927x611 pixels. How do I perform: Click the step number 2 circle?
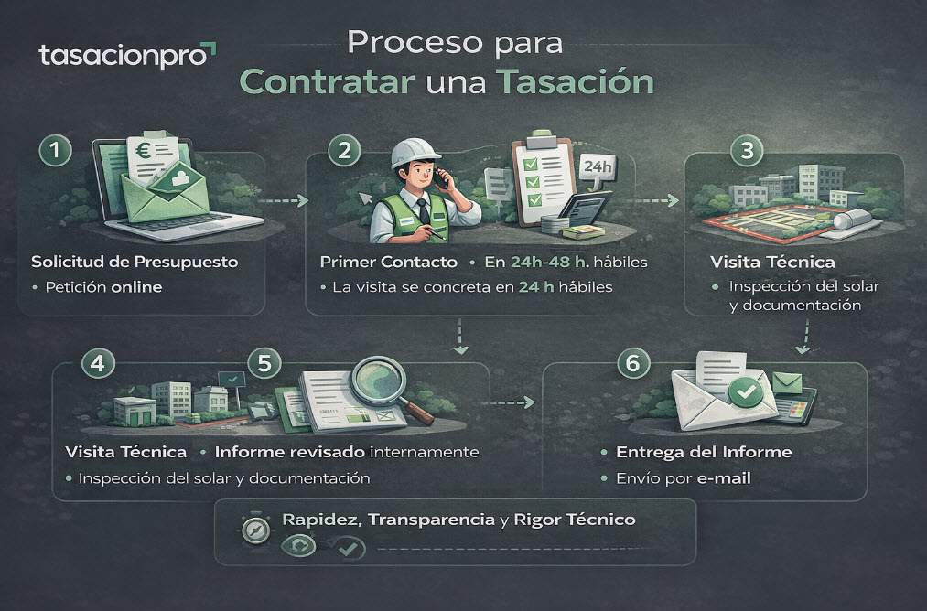pos(344,152)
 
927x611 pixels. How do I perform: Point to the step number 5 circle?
pos(264,363)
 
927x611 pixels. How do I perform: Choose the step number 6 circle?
pos(631,363)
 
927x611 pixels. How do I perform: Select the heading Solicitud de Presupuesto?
pos(135,263)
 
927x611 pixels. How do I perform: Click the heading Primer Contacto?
pos(388,263)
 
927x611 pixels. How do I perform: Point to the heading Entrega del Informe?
pos(704,453)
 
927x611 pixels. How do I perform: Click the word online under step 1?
pos(135,286)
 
